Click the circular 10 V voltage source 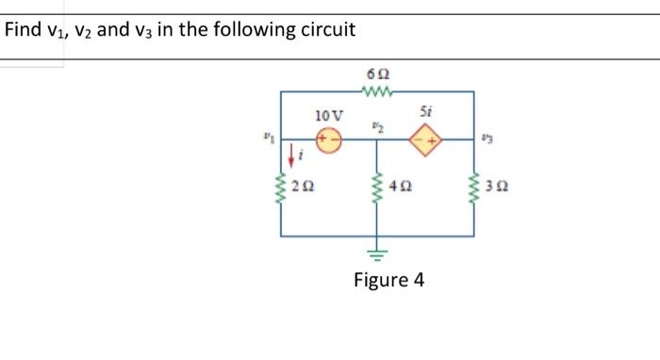[329, 141]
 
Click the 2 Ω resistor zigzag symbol [282, 190]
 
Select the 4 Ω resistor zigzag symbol [377, 190]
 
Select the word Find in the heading [24, 29]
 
